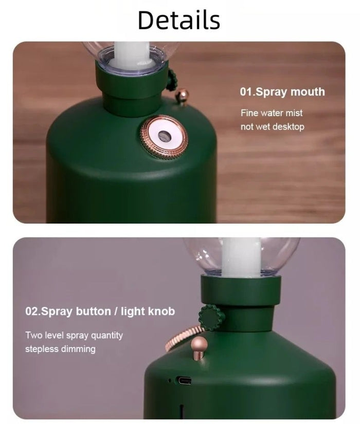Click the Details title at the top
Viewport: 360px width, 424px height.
[179, 20]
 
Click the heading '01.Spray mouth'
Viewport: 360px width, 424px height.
[282, 92]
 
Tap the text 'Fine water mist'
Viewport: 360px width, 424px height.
[272, 113]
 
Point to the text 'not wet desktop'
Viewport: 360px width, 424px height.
[272, 126]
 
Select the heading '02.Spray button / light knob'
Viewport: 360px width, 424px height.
[100, 311]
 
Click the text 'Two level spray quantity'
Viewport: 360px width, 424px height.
[74, 335]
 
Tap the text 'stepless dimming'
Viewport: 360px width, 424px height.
[60, 349]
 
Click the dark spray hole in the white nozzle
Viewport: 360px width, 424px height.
[163, 136]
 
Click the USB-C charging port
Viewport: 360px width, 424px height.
[184, 380]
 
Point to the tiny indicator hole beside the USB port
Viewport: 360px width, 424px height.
[169, 381]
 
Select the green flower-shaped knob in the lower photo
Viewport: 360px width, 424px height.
[211, 318]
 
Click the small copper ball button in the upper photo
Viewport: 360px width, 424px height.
[182, 95]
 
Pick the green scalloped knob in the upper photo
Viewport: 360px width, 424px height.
[171, 80]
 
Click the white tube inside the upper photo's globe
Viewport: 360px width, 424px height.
[132, 56]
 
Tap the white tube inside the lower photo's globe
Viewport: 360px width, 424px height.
[241, 257]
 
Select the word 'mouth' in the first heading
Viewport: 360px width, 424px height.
[308, 92]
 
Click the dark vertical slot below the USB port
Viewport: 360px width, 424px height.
[182, 412]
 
